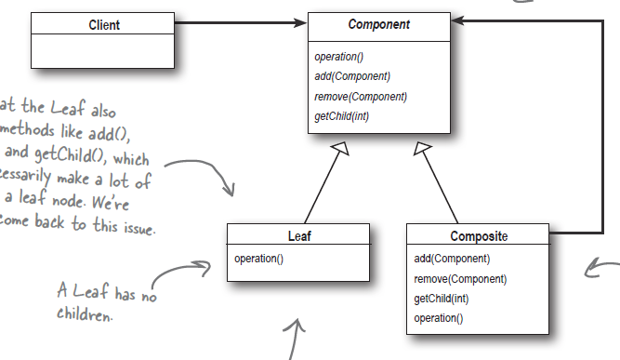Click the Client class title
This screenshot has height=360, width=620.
click(103, 25)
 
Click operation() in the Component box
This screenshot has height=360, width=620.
click(339, 58)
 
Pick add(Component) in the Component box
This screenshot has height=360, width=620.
click(352, 76)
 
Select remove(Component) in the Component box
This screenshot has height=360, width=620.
click(361, 96)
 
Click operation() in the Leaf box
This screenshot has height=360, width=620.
click(259, 258)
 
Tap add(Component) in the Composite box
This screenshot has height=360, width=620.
click(452, 259)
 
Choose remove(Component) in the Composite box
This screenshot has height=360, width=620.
click(460, 278)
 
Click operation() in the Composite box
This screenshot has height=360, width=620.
click(439, 317)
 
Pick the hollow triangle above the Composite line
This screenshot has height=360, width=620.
click(423, 149)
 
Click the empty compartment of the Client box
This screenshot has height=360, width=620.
click(103, 51)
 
